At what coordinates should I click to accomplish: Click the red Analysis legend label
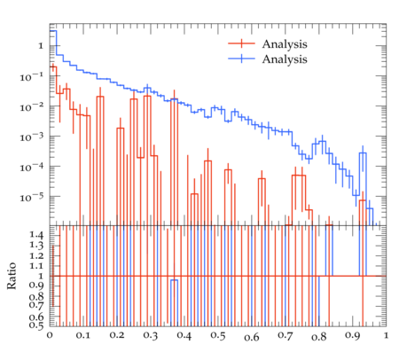click(285, 44)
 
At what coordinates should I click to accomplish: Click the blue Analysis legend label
click(285, 59)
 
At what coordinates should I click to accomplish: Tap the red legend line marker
click(241, 43)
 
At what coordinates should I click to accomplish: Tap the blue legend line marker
click(241, 59)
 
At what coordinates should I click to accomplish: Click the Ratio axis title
click(12, 276)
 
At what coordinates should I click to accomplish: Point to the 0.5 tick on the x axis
click(218, 336)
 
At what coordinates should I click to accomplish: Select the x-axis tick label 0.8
click(319, 337)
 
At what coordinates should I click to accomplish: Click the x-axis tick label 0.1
click(83, 336)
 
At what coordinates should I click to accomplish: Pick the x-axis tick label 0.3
click(151, 336)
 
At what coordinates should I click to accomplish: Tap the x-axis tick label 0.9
click(353, 336)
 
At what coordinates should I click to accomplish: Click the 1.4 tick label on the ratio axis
click(36, 235)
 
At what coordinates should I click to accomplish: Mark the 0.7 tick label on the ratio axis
click(36, 304)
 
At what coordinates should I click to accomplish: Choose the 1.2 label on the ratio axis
click(36, 255)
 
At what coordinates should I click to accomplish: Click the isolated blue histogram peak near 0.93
click(363, 153)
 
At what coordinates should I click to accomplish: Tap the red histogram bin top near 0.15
click(100, 97)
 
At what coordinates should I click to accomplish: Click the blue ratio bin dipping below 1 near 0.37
click(174, 280)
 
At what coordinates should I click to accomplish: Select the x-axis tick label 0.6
click(252, 337)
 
